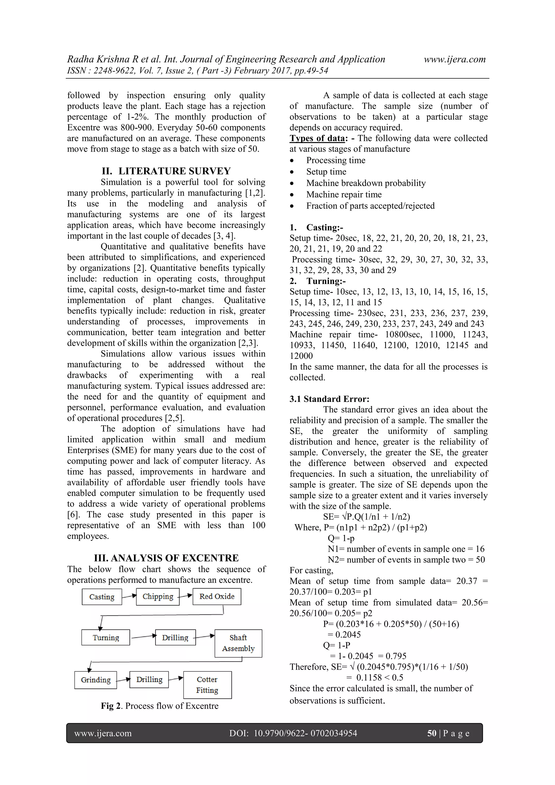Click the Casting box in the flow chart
tap(102, 597)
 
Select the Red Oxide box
tap(217, 596)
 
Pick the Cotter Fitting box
tap(207, 684)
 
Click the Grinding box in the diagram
tap(95, 680)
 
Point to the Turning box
tap(106, 637)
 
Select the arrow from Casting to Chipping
tap(129, 596)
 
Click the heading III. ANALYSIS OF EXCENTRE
tap(166, 558)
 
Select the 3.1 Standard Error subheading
tap(329, 399)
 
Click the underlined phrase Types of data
tap(317, 138)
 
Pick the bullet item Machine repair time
tap(344, 195)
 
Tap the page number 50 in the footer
tap(431, 733)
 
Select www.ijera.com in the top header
tap(454, 59)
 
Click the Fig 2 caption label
tap(111, 706)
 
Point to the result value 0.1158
tap(369, 677)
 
